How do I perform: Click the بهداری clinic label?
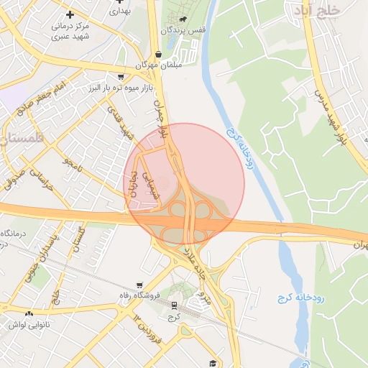point(120,11)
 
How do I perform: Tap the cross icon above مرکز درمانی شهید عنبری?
point(70,14)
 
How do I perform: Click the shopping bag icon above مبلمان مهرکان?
point(158,54)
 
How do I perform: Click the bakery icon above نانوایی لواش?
point(29,313)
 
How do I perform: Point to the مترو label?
point(203,297)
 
